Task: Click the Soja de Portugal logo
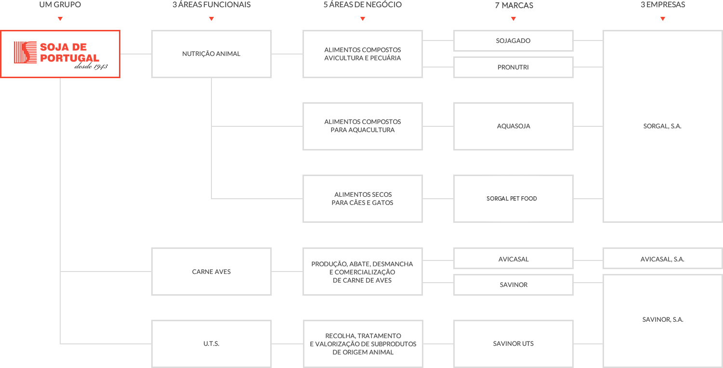tap(60, 54)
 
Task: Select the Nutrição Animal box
tap(211, 54)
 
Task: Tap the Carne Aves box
tap(211, 272)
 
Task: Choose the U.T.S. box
tap(211, 344)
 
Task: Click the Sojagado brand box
tap(513, 41)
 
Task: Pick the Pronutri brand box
tap(513, 67)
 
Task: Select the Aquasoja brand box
tap(513, 126)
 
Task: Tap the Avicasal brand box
tap(513, 259)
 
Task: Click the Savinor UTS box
tap(513, 344)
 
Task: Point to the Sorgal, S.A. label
tap(662, 126)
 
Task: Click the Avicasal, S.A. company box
tap(662, 259)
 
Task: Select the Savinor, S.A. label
tap(662, 320)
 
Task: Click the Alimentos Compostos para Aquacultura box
tap(362, 126)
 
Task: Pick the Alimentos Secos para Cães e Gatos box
tap(362, 198)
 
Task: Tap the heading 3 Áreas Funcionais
tap(211, 5)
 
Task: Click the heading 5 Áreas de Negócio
tap(362, 5)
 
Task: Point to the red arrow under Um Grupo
tap(60, 19)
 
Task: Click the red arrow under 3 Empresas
tap(663, 19)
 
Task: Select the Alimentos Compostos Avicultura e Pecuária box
tap(362, 54)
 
